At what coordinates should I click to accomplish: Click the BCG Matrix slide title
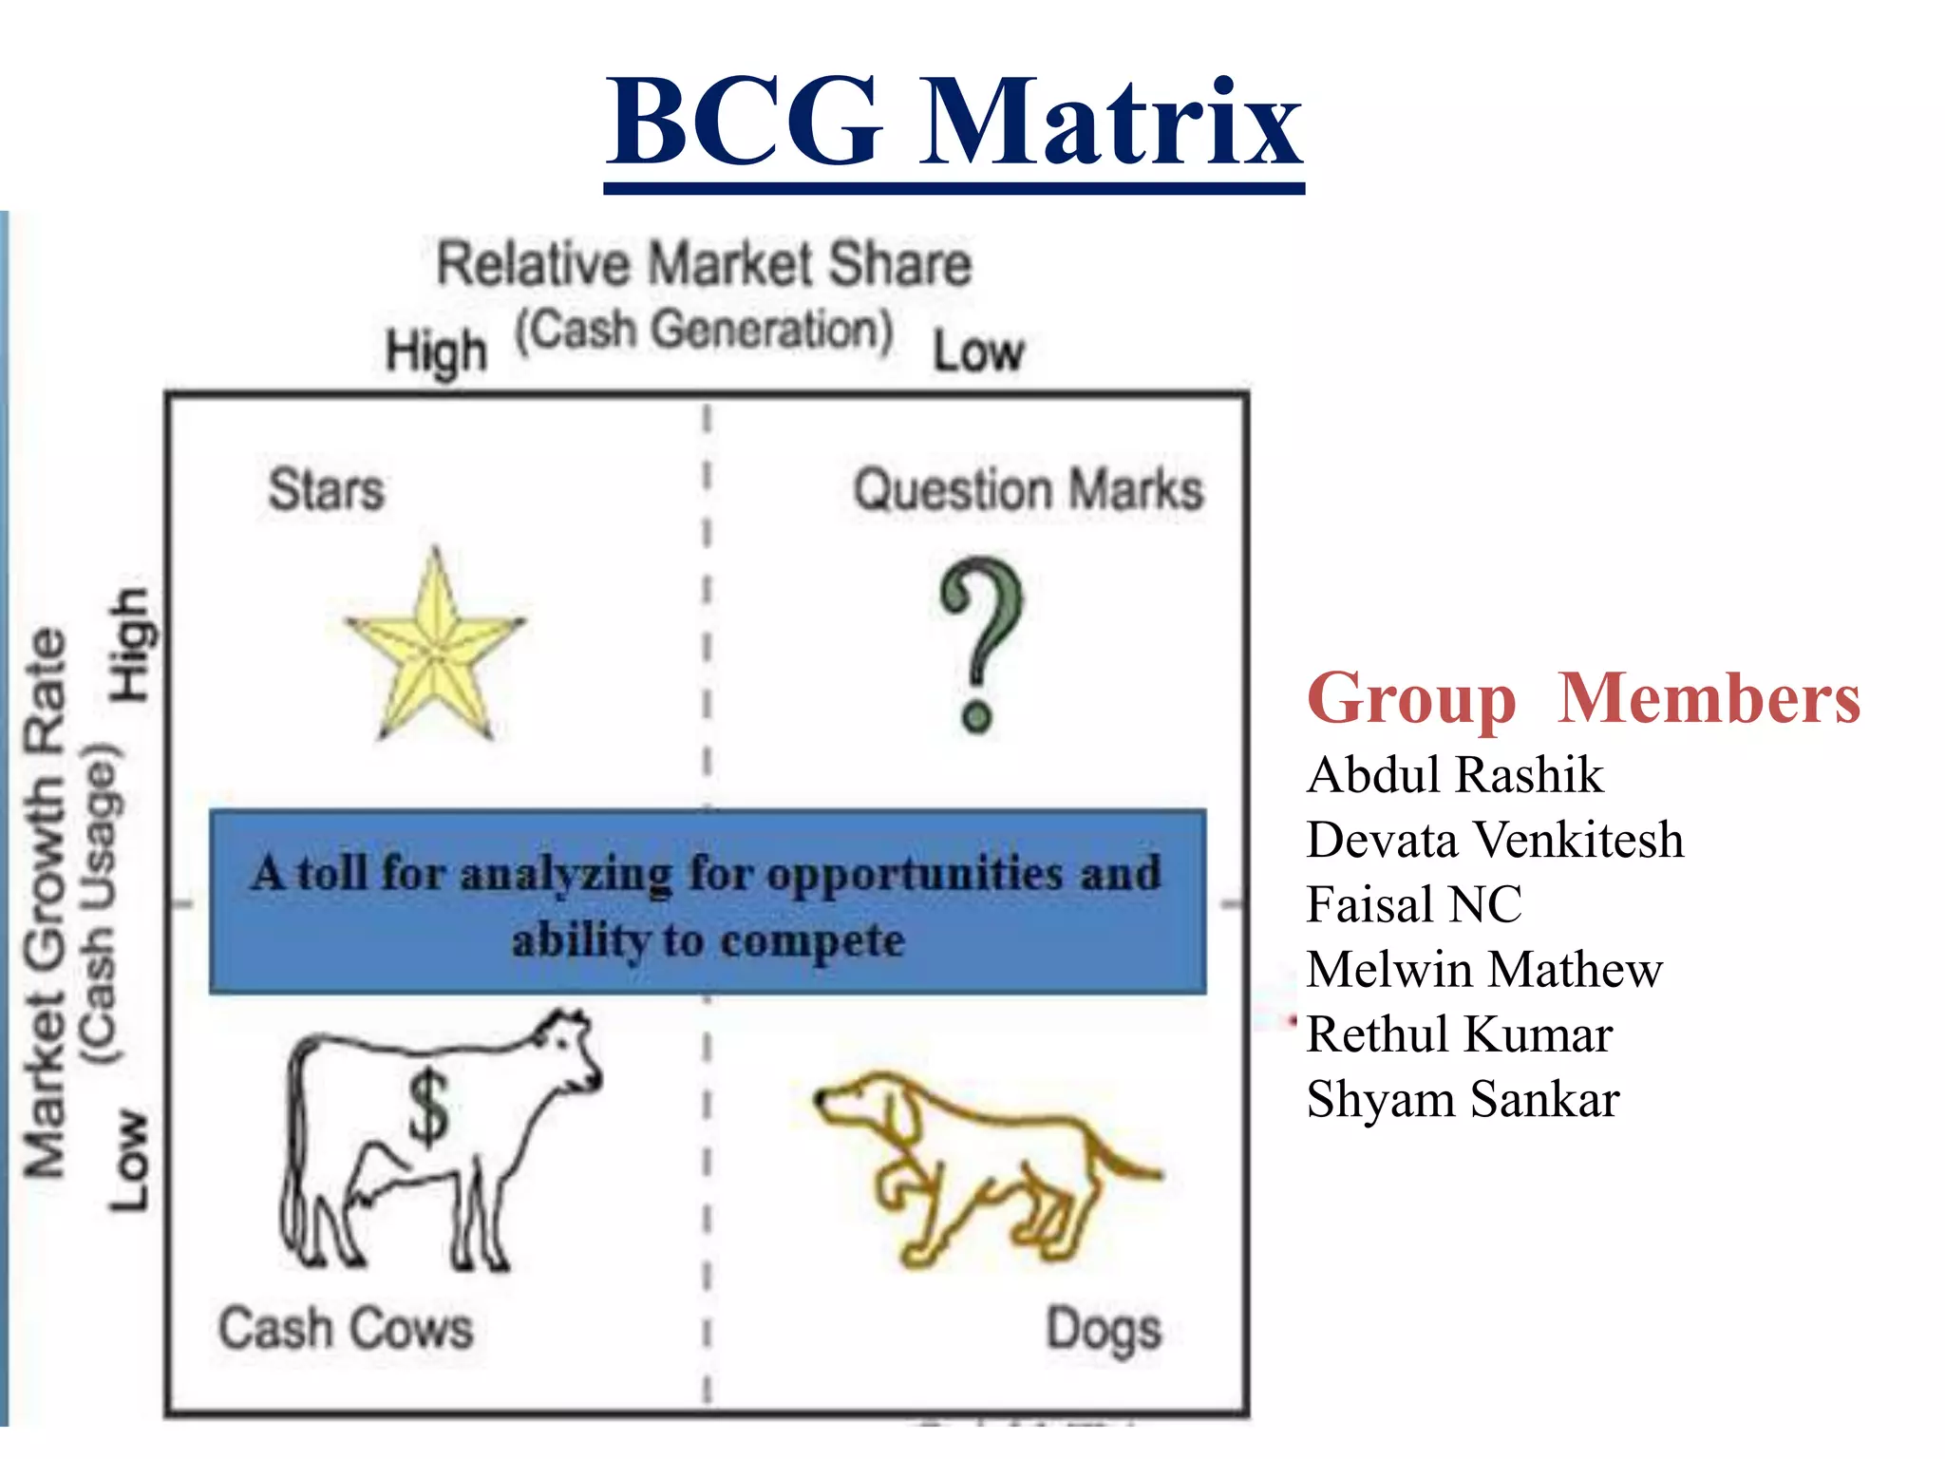[954, 123]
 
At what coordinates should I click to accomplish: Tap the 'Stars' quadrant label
[326, 490]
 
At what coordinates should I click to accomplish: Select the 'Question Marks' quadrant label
[1028, 490]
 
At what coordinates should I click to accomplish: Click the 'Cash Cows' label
[346, 1328]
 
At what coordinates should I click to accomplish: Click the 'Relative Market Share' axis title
[704, 264]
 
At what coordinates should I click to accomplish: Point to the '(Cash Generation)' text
[704, 331]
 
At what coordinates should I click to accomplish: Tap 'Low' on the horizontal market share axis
[978, 352]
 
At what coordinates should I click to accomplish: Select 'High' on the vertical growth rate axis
[130, 646]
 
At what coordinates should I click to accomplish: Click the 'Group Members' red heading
[1583, 698]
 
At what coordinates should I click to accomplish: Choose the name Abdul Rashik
[1455, 775]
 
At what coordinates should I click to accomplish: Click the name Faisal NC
[1414, 904]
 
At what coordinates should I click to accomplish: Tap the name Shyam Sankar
[1463, 1100]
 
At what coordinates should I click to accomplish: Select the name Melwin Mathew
[1484, 970]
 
